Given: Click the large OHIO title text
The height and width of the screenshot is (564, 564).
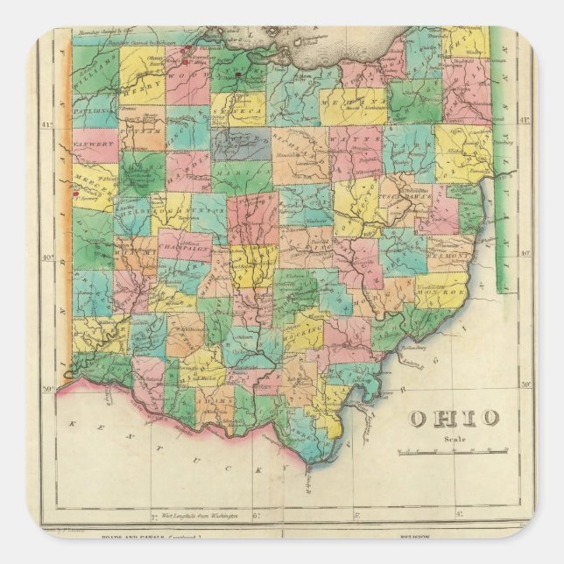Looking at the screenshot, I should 454,418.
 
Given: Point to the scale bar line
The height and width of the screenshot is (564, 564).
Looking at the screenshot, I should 452,453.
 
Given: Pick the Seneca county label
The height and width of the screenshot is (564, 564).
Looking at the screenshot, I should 238,121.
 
